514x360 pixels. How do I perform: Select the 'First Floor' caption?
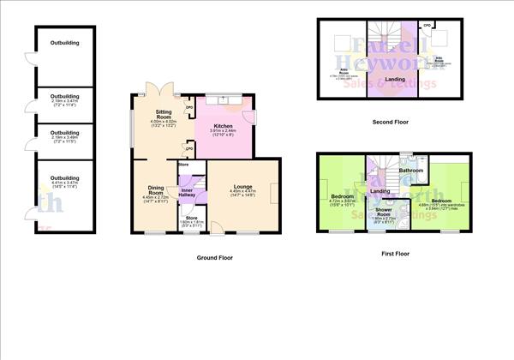pos(395,253)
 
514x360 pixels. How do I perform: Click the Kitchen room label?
pos(223,125)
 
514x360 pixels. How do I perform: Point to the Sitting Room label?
pos(163,116)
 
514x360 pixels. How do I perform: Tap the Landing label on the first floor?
pos(380,190)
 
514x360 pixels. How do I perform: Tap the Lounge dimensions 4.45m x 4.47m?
pos(240,195)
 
